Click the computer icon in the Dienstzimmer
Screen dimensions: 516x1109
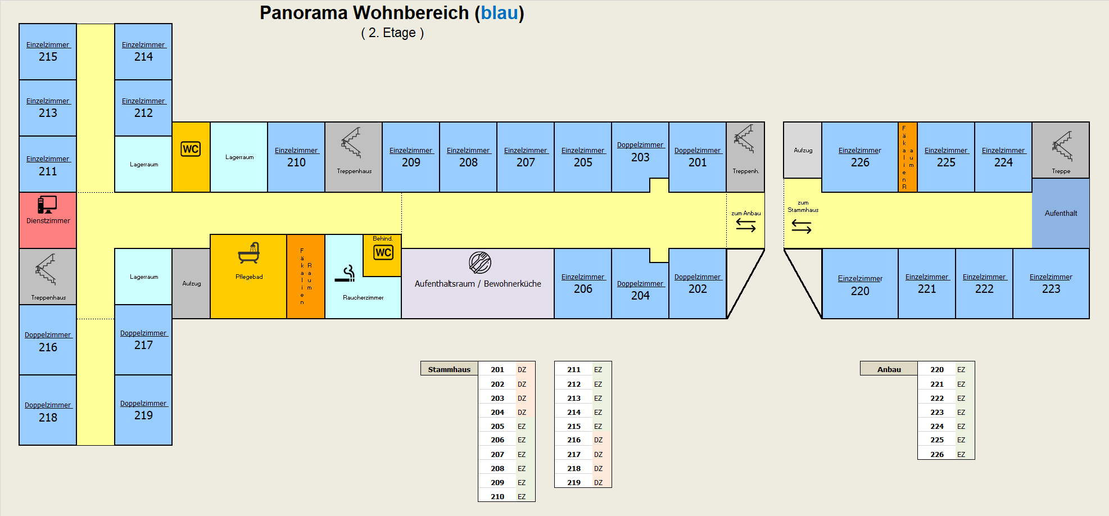point(47,205)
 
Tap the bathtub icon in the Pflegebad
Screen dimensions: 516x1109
point(249,254)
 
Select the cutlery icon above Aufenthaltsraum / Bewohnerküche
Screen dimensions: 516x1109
point(480,262)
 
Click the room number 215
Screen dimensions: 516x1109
point(48,57)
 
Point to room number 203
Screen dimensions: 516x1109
point(640,157)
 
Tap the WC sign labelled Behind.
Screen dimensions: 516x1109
point(383,252)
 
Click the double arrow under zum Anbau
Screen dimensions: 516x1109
point(746,225)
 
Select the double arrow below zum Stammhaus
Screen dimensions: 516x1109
point(802,227)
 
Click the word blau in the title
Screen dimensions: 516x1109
point(499,13)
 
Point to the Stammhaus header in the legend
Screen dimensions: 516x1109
point(449,369)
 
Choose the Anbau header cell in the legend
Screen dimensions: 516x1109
point(889,369)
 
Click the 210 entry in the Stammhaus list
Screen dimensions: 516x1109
point(497,496)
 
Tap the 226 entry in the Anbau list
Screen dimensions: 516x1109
point(937,454)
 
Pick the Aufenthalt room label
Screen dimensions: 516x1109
point(1061,213)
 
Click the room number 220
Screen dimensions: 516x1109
point(860,291)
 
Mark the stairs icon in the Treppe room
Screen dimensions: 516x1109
point(1062,146)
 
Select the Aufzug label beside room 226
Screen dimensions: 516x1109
point(803,150)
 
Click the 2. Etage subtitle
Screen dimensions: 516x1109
point(392,33)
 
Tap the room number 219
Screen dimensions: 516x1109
point(143,415)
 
